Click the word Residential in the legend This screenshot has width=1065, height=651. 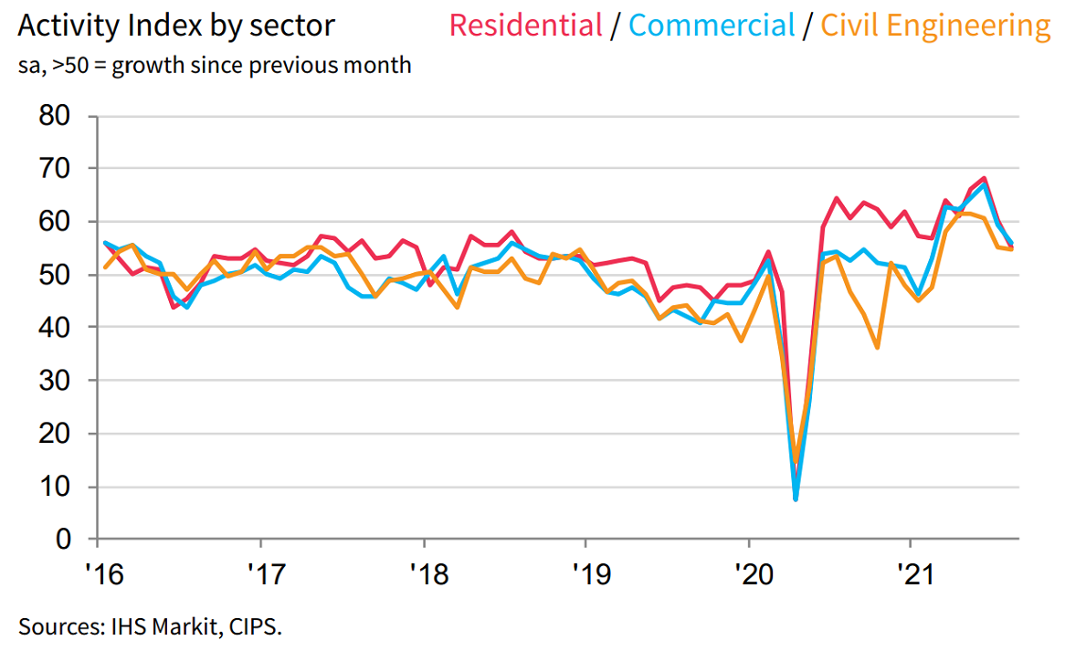(x=525, y=25)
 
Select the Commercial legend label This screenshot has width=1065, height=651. (x=712, y=25)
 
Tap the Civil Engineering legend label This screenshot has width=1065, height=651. (x=935, y=26)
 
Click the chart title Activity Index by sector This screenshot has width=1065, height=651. (x=176, y=26)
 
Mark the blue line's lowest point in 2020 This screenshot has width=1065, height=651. (x=796, y=499)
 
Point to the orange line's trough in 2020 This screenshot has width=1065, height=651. (x=796, y=463)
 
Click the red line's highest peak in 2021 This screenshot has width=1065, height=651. (x=984, y=178)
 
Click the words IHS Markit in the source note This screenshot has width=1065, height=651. (x=142, y=626)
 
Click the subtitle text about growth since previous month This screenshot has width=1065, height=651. (x=215, y=66)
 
